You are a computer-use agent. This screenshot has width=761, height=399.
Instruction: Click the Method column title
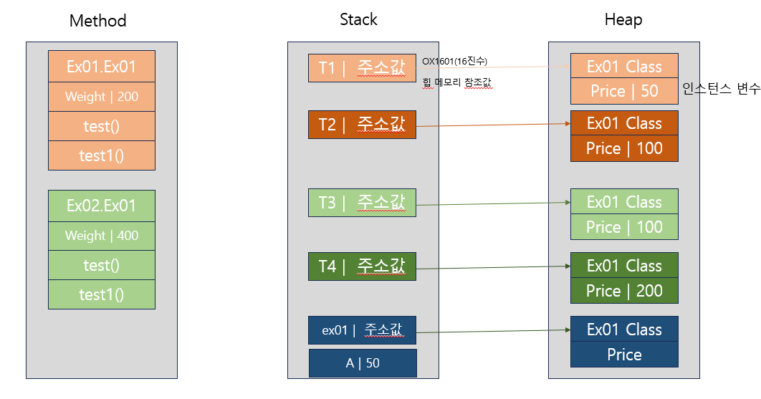(97, 20)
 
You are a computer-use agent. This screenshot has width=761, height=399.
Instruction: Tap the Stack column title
(358, 19)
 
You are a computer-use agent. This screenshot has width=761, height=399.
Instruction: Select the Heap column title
(623, 20)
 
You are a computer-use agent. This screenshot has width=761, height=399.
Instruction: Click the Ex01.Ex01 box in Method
(102, 67)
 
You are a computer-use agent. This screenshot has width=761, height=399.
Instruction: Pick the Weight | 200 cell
(102, 97)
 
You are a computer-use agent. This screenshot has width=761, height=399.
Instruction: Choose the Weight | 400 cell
(102, 236)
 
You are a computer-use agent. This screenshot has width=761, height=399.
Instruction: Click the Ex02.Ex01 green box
(102, 206)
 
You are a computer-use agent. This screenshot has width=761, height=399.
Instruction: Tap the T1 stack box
(362, 68)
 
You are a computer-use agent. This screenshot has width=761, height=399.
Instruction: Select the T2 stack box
(362, 125)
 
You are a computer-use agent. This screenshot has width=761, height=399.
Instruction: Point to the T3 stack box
(362, 203)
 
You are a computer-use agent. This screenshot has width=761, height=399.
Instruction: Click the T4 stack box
(362, 266)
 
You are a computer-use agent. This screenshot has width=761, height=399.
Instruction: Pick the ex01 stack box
(362, 330)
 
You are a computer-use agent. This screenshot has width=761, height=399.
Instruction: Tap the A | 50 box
(363, 363)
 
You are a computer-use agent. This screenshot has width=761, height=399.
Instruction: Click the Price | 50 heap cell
(624, 91)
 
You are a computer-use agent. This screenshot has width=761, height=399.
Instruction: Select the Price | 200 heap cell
(624, 291)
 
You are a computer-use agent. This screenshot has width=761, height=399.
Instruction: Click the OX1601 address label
(454, 61)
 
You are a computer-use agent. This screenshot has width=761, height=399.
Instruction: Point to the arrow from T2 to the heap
(494, 125)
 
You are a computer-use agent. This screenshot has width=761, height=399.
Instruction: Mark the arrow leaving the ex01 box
(494, 331)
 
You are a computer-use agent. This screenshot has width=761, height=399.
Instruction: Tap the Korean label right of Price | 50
(721, 89)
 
